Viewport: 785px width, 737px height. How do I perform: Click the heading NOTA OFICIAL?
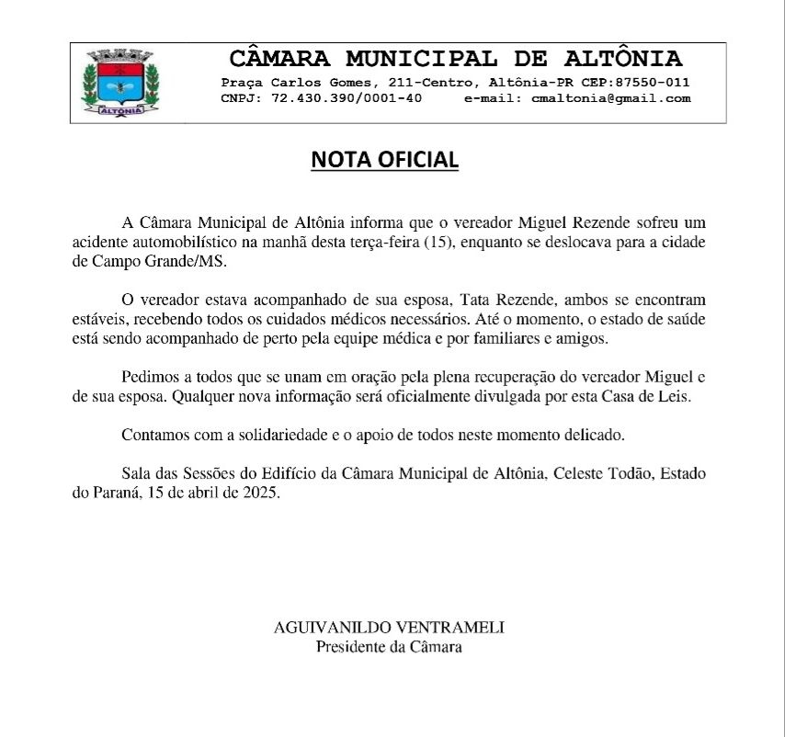click(x=384, y=159)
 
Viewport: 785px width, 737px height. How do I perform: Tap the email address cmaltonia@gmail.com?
click(x=611, y=98)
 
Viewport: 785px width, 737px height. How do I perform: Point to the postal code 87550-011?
click(x=653, y=82)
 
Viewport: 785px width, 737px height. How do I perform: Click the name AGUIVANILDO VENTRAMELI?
click(x=389, y=628)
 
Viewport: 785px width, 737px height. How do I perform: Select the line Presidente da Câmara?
click(x=389, y=646)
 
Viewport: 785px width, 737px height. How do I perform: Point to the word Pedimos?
click(x=149, y=379)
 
